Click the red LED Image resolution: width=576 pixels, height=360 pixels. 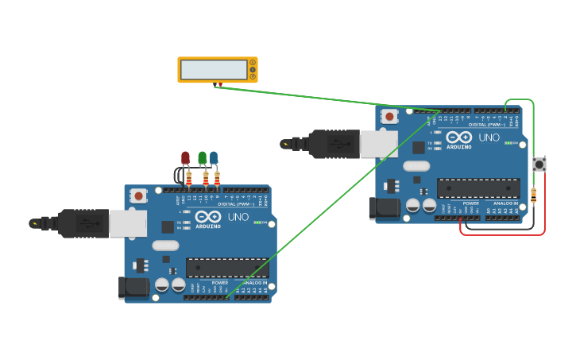pos(185,157)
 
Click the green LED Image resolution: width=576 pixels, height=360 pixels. pos(203,157)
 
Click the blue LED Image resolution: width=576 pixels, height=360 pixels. pos(214,157)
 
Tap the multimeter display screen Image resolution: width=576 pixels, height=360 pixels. pos(213,70)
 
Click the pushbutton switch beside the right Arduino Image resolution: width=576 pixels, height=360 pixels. pos(539,165)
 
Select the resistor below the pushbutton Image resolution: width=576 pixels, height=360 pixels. pos(533,195)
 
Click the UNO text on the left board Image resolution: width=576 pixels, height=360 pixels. pos(238,217)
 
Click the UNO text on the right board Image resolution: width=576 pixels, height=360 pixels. pos(489,137)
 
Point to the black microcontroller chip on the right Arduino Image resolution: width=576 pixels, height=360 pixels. pos(478,188)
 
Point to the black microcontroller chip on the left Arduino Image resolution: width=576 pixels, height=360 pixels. pos(227,268)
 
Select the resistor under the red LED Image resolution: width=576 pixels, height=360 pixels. pos(189,179)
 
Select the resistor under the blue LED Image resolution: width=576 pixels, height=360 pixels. pos(217,179)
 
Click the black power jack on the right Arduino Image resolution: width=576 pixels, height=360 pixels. pos(385,207)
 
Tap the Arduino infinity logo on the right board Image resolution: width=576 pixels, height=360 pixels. pos(459,137)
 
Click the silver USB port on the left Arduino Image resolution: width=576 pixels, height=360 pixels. pos(128,223)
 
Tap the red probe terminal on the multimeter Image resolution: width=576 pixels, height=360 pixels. pos(220,83)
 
